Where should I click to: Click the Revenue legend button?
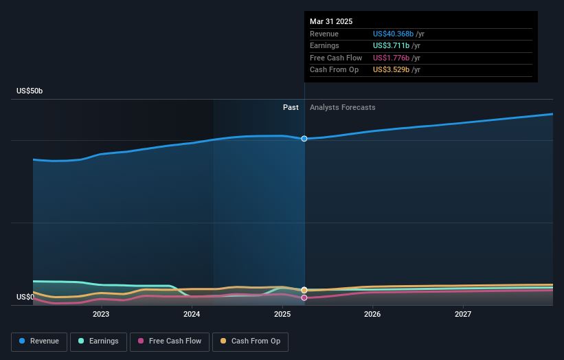39,341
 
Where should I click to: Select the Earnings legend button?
98,341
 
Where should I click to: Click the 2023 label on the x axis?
101,315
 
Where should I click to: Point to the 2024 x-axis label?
192,315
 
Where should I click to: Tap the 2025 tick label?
282,315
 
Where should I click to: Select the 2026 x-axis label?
372,315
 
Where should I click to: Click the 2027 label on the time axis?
463,315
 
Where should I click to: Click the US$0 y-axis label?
25,297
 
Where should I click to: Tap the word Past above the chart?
291,107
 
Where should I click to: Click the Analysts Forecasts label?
343,107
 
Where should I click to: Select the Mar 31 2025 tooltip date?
331,21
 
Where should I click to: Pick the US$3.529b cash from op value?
391,70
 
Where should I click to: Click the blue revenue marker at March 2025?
304,139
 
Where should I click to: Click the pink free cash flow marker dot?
304,297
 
